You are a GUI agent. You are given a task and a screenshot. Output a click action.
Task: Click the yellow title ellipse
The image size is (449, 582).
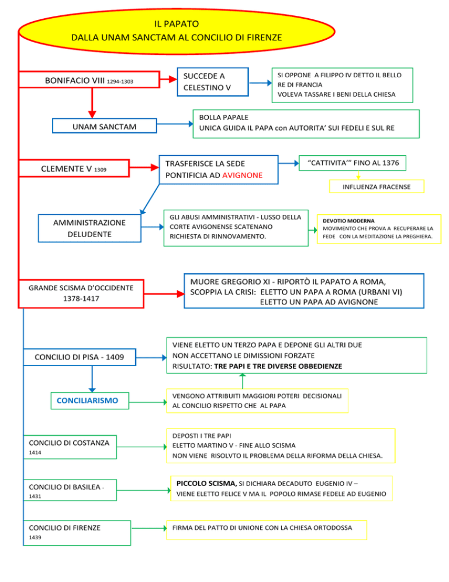(177, 31)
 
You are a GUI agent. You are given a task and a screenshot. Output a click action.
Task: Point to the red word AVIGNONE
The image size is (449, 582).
(243, 175)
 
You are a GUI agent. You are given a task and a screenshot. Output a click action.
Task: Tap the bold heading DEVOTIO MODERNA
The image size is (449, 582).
(348, 221)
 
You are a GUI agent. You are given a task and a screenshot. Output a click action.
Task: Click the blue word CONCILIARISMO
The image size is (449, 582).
(88, 400)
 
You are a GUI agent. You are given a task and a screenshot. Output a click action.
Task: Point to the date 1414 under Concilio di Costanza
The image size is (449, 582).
(35, 453)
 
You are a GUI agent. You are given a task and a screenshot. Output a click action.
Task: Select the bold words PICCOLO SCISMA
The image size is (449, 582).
(206, 483)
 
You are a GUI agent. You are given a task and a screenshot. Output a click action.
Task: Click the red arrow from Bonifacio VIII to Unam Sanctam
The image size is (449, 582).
(92, 103)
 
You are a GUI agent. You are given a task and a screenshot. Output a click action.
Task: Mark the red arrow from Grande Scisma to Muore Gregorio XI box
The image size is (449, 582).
(164, 294)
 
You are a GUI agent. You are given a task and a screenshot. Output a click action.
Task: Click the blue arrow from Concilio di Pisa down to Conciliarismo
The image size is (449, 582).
(92, 379)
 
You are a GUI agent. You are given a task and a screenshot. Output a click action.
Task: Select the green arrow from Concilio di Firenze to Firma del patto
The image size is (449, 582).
(149, 528)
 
